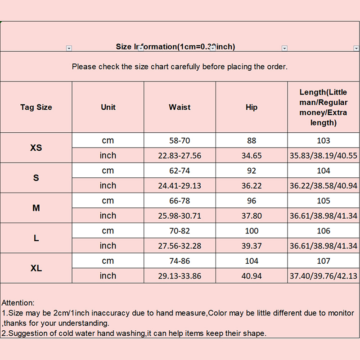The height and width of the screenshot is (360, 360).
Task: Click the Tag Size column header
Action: click(x=36, y=107)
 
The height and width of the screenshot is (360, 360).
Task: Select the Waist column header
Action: click(x=180, y=107)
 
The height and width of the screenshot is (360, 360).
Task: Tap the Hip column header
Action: click(x=252, y=107)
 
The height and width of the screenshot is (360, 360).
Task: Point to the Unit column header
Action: click(x=108, y=107)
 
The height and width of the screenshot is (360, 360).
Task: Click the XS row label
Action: click(x=36, y=148)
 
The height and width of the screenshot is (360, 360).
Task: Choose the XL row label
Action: click(x=36, y=268)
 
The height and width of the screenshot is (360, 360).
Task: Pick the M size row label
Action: click(x=36, y=208)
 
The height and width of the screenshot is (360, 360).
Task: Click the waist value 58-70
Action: click(x=180, y=140)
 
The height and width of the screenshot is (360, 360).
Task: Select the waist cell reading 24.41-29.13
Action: click(x=180, y=185)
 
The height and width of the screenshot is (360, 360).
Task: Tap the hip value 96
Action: click(x=252, y=201)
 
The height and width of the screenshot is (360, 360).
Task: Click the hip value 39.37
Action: click(x=252, y=246)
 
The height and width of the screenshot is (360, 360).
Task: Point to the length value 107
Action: click(x=324, y=261)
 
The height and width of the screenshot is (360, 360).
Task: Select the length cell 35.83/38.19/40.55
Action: click(x=324, y=155)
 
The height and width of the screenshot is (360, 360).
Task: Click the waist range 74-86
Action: click(x=180, y=261)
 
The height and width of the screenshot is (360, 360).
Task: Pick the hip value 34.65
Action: click(x=252, y=155)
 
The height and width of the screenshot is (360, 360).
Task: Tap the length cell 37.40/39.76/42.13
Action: click(x=324, y=276)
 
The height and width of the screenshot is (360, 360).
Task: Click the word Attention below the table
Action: click(x=18, y=303)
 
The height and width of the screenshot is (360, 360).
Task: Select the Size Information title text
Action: click(x=175, y=47)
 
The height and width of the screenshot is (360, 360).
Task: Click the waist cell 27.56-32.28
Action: click(x=180, y=246)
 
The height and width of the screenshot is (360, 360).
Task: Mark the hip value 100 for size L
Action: click(x=252, y=231)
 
